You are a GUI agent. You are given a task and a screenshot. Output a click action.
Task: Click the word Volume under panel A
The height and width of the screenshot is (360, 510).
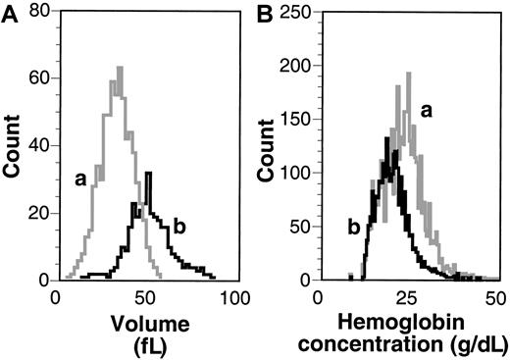[x=144, y=322]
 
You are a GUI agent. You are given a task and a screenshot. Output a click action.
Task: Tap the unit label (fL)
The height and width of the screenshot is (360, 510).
[x=144, y=342]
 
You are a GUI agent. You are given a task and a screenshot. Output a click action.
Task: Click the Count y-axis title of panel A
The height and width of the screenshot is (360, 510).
[x=13, y=147]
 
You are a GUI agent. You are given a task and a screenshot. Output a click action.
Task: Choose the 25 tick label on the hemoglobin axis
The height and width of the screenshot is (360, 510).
[x=406, y=296]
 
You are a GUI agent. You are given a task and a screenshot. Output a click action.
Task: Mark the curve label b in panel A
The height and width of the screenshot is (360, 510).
[x=178, y=228]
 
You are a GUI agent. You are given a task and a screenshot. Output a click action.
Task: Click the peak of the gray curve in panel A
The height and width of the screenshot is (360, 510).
[x=119, y=69]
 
